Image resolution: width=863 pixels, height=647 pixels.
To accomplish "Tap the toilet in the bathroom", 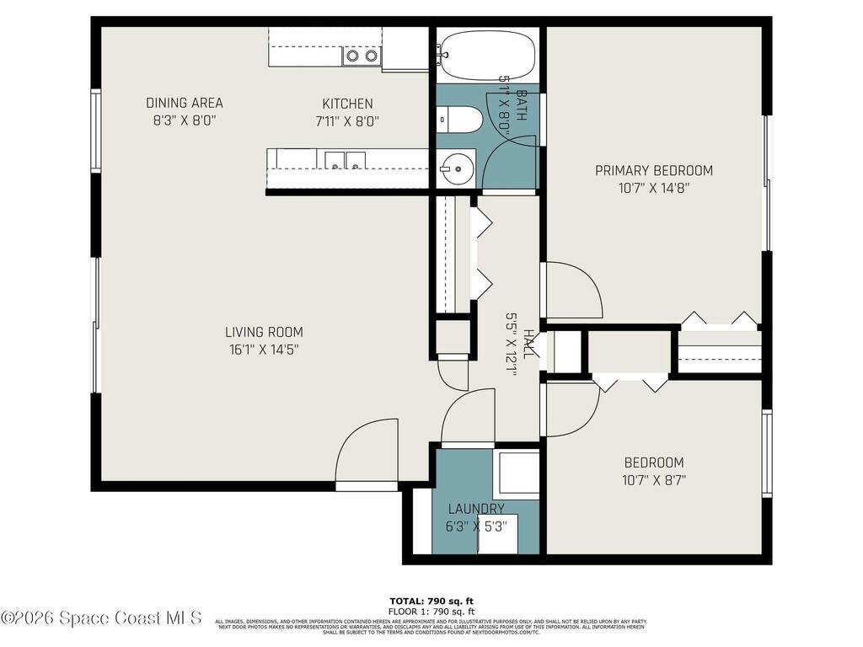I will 460,120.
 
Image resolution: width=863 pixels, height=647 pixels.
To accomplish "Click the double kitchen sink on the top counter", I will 362,56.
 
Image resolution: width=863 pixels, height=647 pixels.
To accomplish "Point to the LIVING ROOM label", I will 264,332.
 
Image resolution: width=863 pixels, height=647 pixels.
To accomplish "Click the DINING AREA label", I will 185,103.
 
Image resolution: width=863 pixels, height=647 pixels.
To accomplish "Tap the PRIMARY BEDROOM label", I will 654,170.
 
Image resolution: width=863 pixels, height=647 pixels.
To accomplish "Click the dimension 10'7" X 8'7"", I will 654,481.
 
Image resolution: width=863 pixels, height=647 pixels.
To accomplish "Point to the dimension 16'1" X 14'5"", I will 264,350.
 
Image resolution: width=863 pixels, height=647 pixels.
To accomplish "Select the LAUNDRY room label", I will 476,509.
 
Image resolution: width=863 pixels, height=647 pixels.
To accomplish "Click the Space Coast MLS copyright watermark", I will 101,618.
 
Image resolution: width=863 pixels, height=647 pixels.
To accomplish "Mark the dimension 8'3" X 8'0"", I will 185,120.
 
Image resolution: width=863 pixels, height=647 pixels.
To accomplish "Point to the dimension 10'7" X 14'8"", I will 654,188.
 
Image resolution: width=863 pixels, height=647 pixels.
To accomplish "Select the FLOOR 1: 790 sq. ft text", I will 431,612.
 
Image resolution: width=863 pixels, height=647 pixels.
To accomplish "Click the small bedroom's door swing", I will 571,410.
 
